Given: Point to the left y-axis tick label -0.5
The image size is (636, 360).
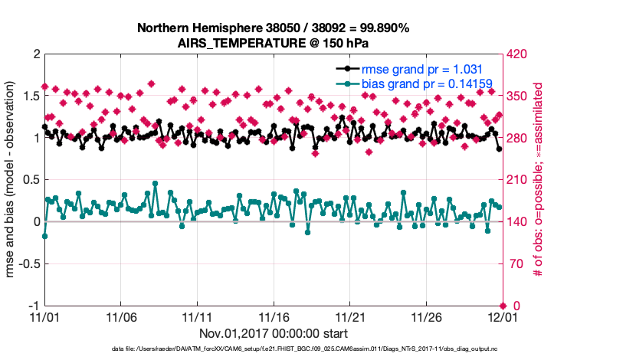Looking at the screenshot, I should [28, 263].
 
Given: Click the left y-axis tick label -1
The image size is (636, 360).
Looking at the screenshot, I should [33, 306].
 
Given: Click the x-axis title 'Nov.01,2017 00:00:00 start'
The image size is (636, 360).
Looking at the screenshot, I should [274, 333].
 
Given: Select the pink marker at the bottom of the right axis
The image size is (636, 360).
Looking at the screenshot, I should [503, 306].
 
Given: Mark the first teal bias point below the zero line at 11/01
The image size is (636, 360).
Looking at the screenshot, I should [44, 236].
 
